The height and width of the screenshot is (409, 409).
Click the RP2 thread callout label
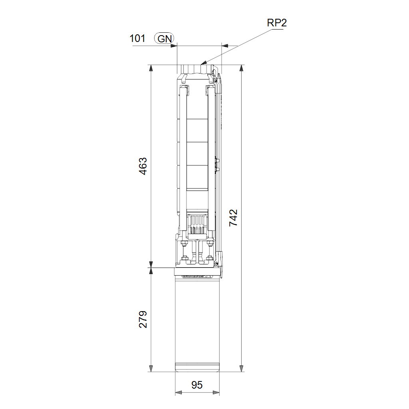[277, 23]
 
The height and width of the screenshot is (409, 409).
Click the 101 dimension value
[137, 38]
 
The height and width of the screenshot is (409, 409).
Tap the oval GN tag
[164, 39]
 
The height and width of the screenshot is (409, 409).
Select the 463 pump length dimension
[143, 166]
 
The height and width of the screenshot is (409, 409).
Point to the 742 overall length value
[233, 218]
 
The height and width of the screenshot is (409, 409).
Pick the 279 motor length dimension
[143, 319]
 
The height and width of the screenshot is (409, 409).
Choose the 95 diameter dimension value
[197, 385]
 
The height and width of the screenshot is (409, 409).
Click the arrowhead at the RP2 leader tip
[204, 63]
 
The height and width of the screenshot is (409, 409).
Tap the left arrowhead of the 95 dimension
[179, 392]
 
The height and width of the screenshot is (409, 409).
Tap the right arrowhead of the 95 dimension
[216, 392]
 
